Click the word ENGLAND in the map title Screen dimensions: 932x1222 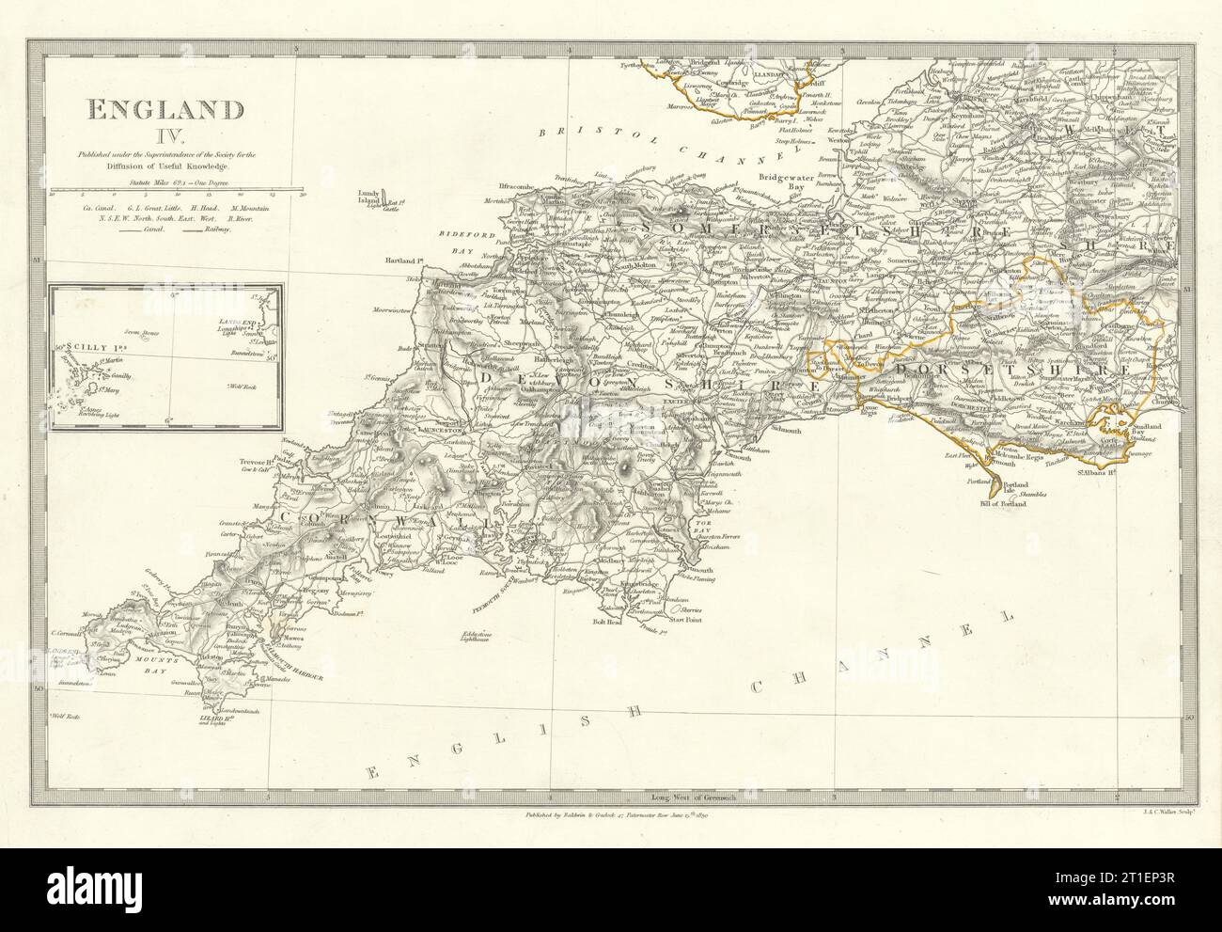163,110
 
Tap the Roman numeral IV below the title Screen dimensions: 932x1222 163,139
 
